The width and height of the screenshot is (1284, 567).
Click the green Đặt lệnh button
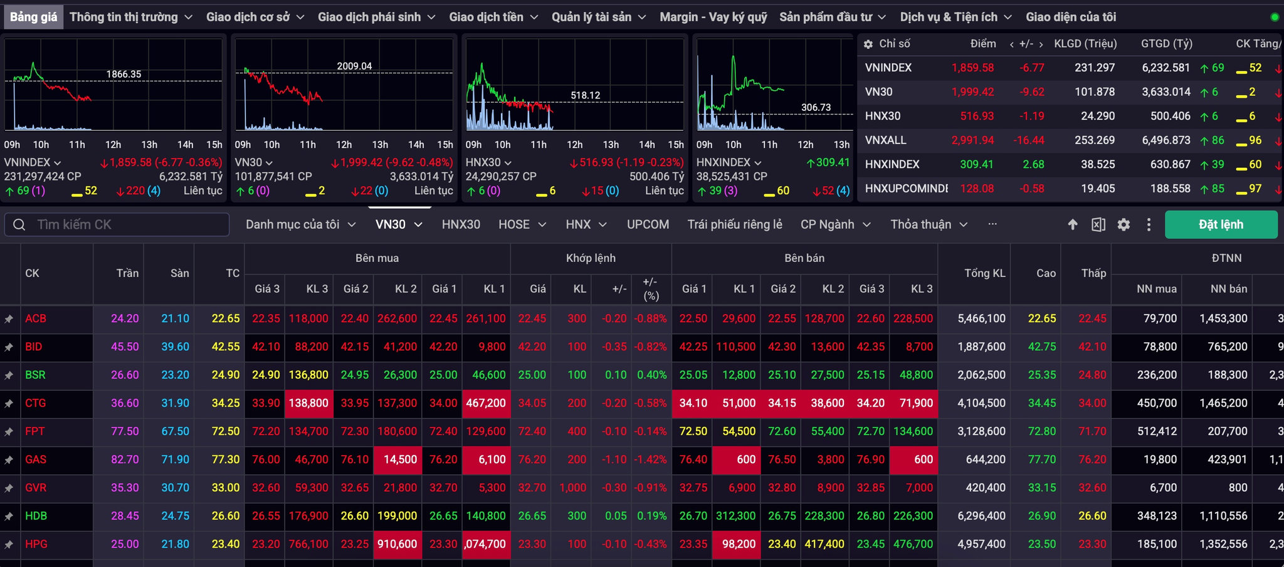1221,224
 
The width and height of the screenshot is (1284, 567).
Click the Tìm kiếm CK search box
117,224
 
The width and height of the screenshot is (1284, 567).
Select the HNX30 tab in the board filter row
461,224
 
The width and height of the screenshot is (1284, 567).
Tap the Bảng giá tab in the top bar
33,17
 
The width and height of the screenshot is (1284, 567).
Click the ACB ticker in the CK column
36,318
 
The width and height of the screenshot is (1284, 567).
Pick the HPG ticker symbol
36,544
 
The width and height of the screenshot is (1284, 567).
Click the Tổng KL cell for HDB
982,516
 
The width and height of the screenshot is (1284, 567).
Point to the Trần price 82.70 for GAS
125,459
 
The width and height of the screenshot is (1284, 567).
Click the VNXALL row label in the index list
885,140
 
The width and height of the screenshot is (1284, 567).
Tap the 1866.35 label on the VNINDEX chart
124,74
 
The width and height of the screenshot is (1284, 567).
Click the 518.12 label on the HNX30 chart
586,95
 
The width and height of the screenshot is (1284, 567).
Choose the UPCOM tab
648,224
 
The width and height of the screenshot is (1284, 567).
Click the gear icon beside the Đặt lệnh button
1123,224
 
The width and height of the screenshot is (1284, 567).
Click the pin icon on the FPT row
9,432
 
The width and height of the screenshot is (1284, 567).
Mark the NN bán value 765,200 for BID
1228,346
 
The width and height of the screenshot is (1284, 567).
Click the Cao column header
1046,273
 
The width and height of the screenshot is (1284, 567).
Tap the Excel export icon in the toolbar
1098,224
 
